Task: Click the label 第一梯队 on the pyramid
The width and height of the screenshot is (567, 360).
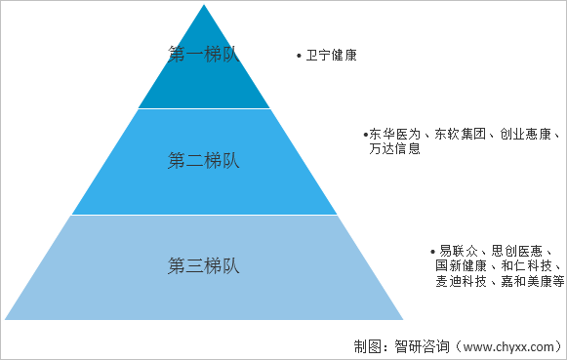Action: click(x=204, y=55)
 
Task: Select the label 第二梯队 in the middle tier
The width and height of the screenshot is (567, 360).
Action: click(x=204, y=161)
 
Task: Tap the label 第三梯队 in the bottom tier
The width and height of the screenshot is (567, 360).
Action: click(x=204, y=265)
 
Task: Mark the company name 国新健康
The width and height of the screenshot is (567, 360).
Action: click(x=460, y=266)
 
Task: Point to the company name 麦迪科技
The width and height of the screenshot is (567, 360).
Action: click(x=460, y=282)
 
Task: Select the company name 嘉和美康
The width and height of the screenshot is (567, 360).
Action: click(x=525, y=282)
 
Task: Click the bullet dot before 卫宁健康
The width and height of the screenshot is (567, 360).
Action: click(x=299, y=57)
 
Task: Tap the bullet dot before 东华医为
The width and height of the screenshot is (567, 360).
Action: click(x=364, y=134)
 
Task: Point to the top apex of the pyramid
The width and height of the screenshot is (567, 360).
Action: click(x=204, y=6)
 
